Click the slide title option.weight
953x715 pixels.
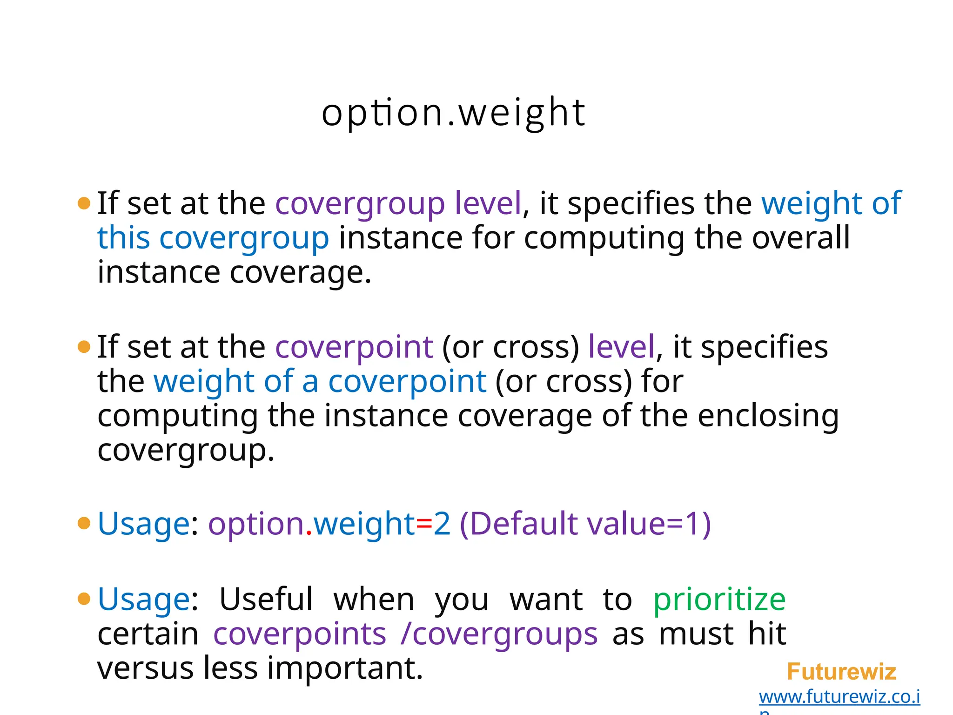pyautogui.click(x=453, y=113)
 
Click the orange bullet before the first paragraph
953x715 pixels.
pyautogui.click(x=84, y=203)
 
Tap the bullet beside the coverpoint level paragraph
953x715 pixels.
pyautogui.click(x=84, y=347)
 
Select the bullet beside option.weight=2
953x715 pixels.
pyautogui.click(x=84, y=523)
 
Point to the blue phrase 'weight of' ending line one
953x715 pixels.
pyautogui.click(x=831, y=203)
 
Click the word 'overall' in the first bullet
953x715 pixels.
pyautogui.click(x=801, y=238)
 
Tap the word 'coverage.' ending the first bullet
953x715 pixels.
pyautogui.click(x=301, y=272)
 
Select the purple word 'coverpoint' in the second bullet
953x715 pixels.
pyautogui.click(x=354, y=348)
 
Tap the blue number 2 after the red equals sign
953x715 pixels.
pyautogui.click(x=442, y=524)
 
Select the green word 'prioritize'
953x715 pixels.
pyautogui.click(x=719, y=600)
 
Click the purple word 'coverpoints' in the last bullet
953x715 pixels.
pyautogui.click(x=300, y=634)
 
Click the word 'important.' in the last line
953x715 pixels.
pyautogui.click(x=345, y=668)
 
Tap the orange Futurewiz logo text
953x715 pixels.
pyautogui.click(x=841, y=672)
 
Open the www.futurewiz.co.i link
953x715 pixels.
pyautogui.click(x=839, y=697)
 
